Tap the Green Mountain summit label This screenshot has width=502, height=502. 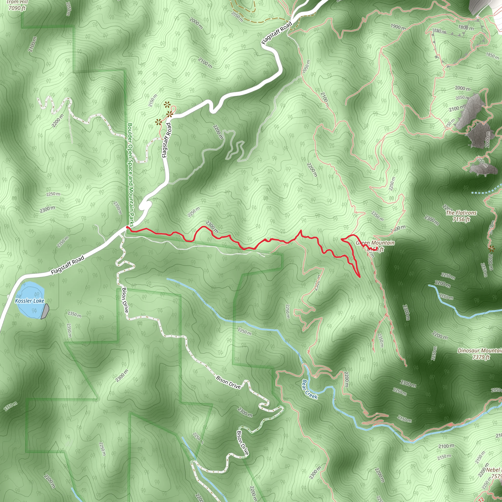[375, 246]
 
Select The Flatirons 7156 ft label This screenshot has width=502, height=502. [461, 216]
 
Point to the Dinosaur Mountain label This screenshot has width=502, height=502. [479, 354]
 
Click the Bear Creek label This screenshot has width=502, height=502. [310, 389]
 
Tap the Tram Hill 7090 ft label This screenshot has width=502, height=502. [17, 5]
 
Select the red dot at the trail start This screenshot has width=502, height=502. [127, 227]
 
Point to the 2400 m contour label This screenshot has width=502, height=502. [398, 229]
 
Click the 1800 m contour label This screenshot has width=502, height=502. [466, 27]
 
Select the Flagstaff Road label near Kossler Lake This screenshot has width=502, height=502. [68, 265]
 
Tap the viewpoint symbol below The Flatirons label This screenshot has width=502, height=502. [491, 249]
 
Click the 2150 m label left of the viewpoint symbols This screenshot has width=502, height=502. [153, 101]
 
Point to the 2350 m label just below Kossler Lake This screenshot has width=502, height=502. [74, 314]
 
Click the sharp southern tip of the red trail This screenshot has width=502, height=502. [360, 277]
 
